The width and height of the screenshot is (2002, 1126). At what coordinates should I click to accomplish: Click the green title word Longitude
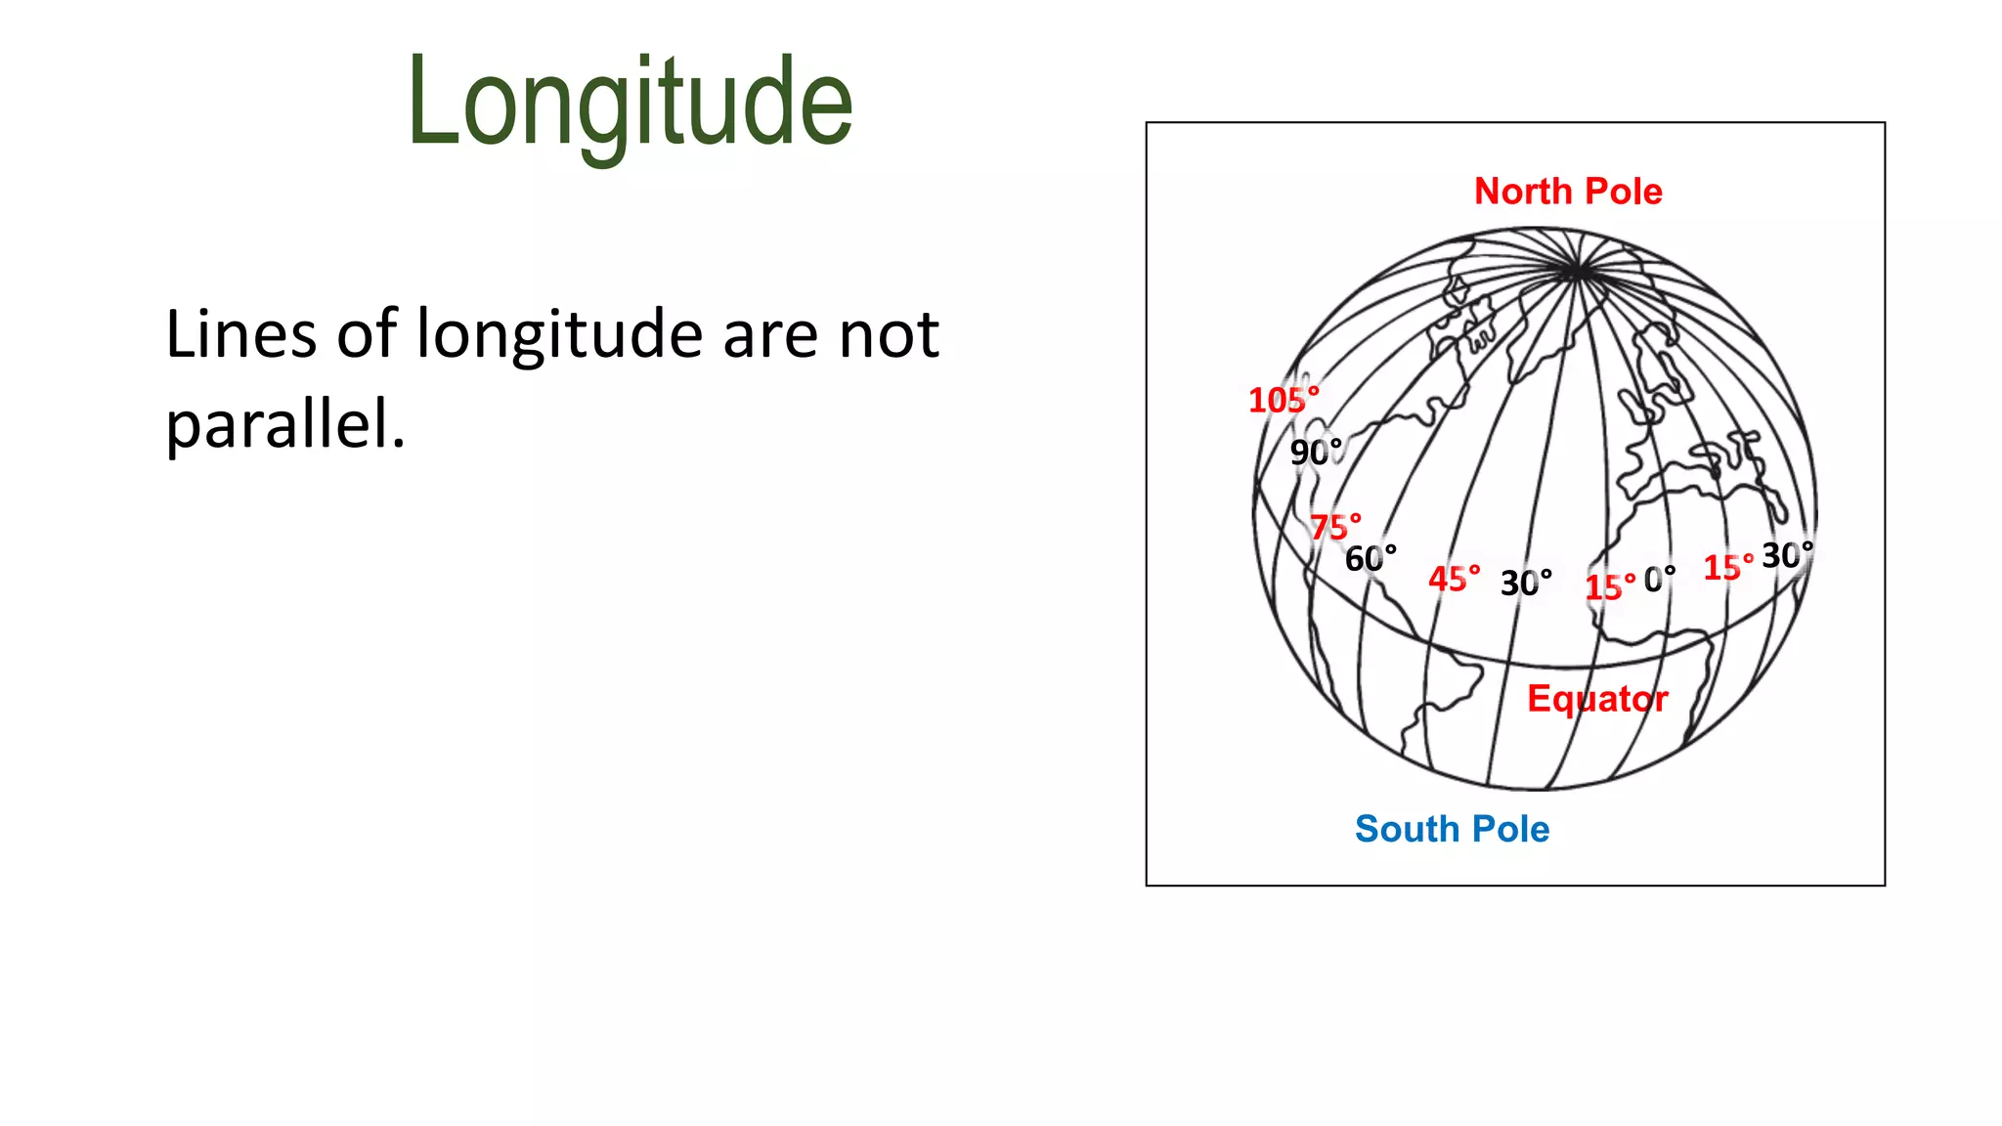[630, 103]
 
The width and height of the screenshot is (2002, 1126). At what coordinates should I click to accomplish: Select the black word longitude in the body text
[559, 334]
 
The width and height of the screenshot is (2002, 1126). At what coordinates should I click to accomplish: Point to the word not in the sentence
[889, 334]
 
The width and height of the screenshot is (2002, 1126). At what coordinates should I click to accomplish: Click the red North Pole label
[1568, 192]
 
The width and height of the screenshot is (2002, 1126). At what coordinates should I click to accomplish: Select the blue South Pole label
[1452, 829]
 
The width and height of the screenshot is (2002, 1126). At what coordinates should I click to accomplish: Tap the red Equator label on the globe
[1597, 699]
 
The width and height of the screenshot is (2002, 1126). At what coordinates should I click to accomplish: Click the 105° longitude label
[1284, 400]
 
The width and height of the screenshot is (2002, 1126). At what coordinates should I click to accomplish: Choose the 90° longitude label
[1316, 452]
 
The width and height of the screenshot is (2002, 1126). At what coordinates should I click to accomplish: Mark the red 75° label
[1335, 527]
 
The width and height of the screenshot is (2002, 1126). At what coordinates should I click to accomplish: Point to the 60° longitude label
[1371, 558]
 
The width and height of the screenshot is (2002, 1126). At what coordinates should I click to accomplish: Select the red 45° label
[1454, 579]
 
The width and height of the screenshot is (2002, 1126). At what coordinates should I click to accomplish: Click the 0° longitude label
[1659, 580]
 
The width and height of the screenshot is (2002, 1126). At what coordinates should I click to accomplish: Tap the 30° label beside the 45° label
[1526, 583]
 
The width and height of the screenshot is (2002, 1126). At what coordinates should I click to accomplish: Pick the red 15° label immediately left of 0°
[1609, 586]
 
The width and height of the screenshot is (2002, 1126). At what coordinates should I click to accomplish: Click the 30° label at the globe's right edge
[1787, 555]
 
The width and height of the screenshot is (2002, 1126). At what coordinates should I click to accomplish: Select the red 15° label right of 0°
[1727, 567]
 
